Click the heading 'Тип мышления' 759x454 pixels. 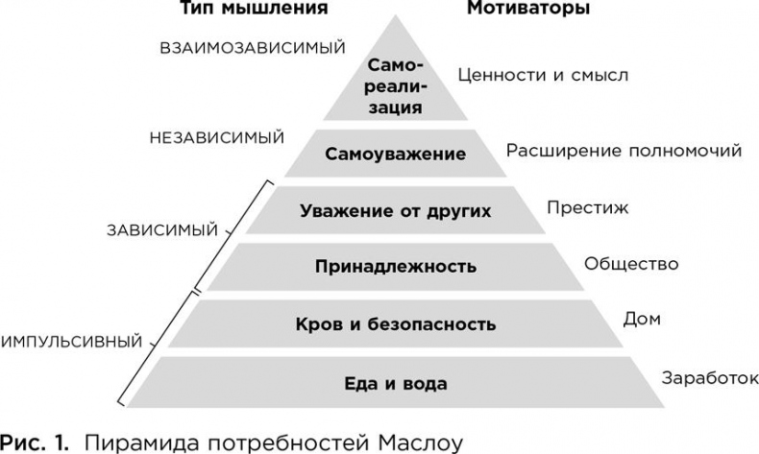coord(254,8)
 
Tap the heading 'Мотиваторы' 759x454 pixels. coord(528,8)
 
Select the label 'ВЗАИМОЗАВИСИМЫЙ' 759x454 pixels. coord(252,48)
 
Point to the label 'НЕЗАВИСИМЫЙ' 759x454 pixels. coord(217,138)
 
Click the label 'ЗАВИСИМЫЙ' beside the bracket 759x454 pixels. coord(162,230)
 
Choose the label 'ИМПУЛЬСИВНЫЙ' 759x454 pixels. coord(72,342)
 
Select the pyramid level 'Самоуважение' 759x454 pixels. coord(396,154)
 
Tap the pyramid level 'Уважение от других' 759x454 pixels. coord(396,210)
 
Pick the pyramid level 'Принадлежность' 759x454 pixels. coord(396,267)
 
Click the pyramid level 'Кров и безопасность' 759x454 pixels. coord(396,323)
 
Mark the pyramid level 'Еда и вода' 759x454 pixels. coord(396,383)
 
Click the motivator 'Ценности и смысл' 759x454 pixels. coord(543,75)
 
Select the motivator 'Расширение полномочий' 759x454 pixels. coord(624,151)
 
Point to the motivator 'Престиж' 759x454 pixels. coord(588,207)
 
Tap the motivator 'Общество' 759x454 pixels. coord(631,264)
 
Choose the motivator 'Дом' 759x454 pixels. coord(642,319)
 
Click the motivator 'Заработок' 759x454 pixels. coord(710,377)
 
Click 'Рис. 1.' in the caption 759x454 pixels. coord(35,442)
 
